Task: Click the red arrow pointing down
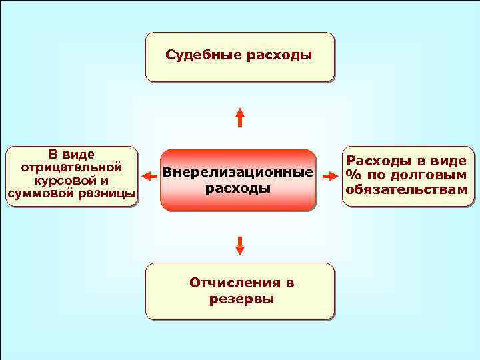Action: (240, 245)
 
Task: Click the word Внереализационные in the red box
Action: (238, 173)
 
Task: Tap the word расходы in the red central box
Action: (238, 188)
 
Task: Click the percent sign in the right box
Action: (351, 176)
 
